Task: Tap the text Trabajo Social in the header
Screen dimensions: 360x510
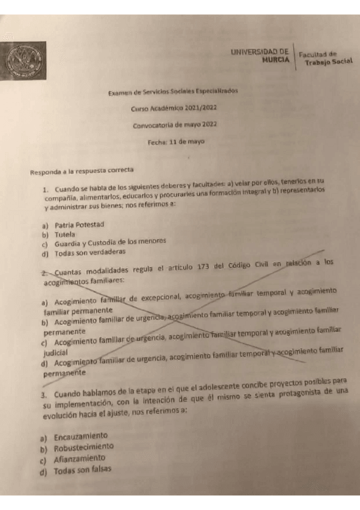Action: (328, 62)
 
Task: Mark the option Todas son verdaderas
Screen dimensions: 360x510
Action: (90, 253)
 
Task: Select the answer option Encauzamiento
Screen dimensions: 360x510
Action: (81, 436)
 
